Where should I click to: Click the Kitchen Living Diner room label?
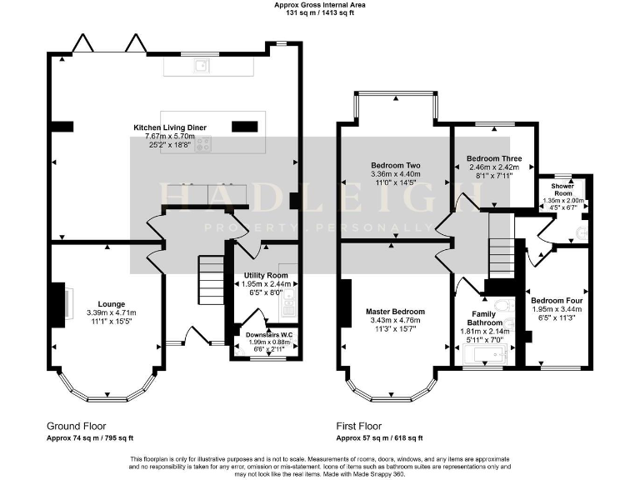click(170, 127)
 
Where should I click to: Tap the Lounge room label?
click(112, 303)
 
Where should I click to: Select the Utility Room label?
click(266, 275)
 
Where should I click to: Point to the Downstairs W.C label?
click(266, 335)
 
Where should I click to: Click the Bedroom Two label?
click(394, 166)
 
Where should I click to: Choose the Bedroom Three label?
click(494, 158)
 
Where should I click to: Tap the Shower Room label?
click(559, 189)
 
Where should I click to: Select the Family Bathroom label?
click(484, 317)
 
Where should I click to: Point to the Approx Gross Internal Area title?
click(320, 5)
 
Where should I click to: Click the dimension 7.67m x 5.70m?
click(170, 136)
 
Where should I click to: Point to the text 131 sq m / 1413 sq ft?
click(320, 13)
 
